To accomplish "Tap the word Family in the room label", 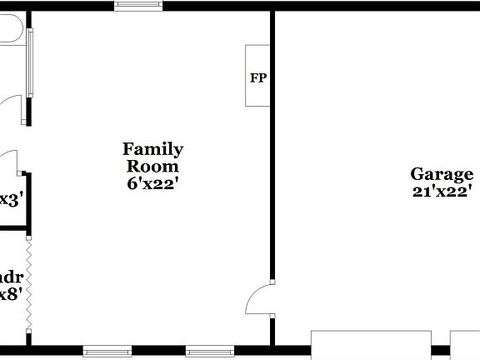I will (x=153, y=149).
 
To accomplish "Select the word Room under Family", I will (x=153, y=166).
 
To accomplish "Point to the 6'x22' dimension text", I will (x=153, y=183).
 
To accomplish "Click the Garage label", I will (x=442, y=174).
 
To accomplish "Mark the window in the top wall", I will (x=138, y=6).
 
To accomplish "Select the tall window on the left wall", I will (x=30, y=62).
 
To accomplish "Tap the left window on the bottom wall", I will (x=107, y=349).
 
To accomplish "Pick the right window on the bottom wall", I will (x=208, y=349).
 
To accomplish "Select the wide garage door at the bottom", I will (x=371, y=344).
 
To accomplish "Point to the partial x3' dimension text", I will (x=10, y=200).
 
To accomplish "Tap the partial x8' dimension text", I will (x=10, y=294).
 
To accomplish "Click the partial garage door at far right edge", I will (x=465, y=344).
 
